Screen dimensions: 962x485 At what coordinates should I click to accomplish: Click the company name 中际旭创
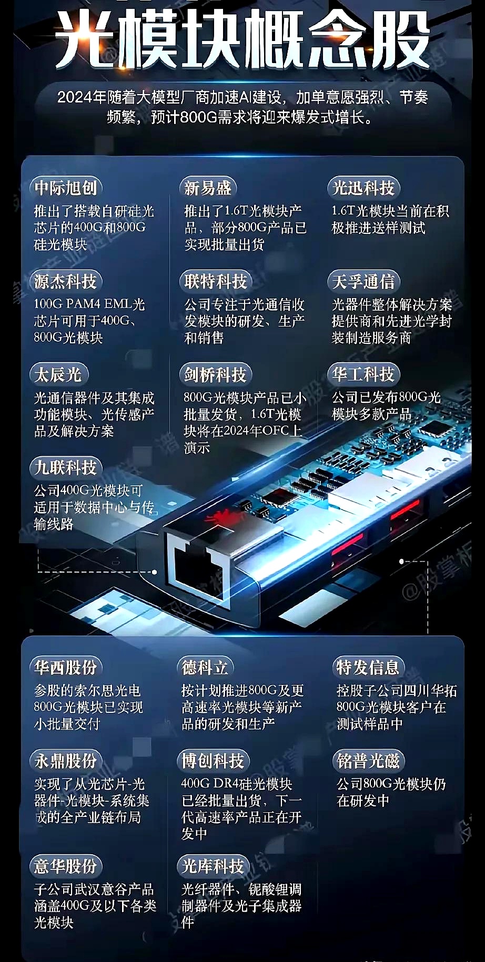coord(66,188)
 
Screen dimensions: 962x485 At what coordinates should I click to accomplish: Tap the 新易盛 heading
coord(208,188)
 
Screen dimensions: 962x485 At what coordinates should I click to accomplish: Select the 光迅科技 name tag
coord(363,188)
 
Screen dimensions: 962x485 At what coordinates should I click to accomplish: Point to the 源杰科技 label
coord(66,281)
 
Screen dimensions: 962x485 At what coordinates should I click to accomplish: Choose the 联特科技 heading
coord(216,281)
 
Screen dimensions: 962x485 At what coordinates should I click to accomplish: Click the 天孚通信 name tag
coord(363,281)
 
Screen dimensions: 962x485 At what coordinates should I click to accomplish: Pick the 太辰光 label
coord(58,374)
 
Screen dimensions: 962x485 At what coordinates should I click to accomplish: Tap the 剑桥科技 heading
coord(216,374)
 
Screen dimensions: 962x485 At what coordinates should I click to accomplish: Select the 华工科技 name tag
coord(363,374)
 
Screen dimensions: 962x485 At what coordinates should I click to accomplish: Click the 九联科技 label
coord(66,467)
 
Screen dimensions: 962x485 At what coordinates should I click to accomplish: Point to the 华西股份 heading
coord(66,667)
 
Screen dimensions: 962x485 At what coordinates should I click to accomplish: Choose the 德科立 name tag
coord(205,667)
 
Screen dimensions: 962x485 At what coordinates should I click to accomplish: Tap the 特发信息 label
coord(368,667)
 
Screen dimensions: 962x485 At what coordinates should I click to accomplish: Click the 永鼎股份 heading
coord(66,761)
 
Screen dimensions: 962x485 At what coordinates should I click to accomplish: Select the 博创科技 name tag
coord(213,761)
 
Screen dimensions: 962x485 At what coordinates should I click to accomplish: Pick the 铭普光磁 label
coord(368,761)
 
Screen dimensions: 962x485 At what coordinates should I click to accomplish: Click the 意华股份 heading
coord(66,866)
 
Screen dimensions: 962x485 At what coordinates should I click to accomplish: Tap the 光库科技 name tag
coord(213,866)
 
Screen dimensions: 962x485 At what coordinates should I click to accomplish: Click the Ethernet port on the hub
coord(198,568)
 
